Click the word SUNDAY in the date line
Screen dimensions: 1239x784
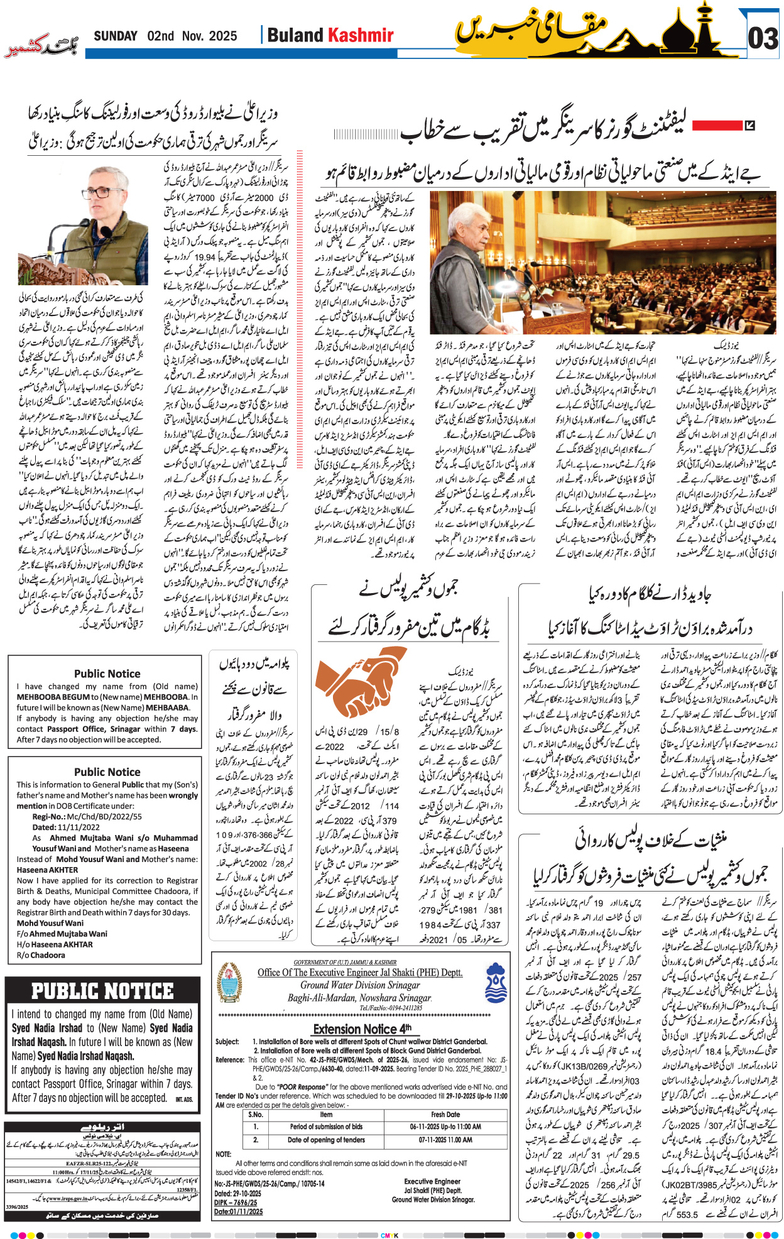pyautogui.click(x=116, y=36)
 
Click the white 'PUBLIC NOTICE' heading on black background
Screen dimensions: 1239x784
pyautogui.click(x=102, y=991)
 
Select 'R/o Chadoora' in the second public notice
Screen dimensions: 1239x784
pyautogui.click(x=41, y=955)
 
